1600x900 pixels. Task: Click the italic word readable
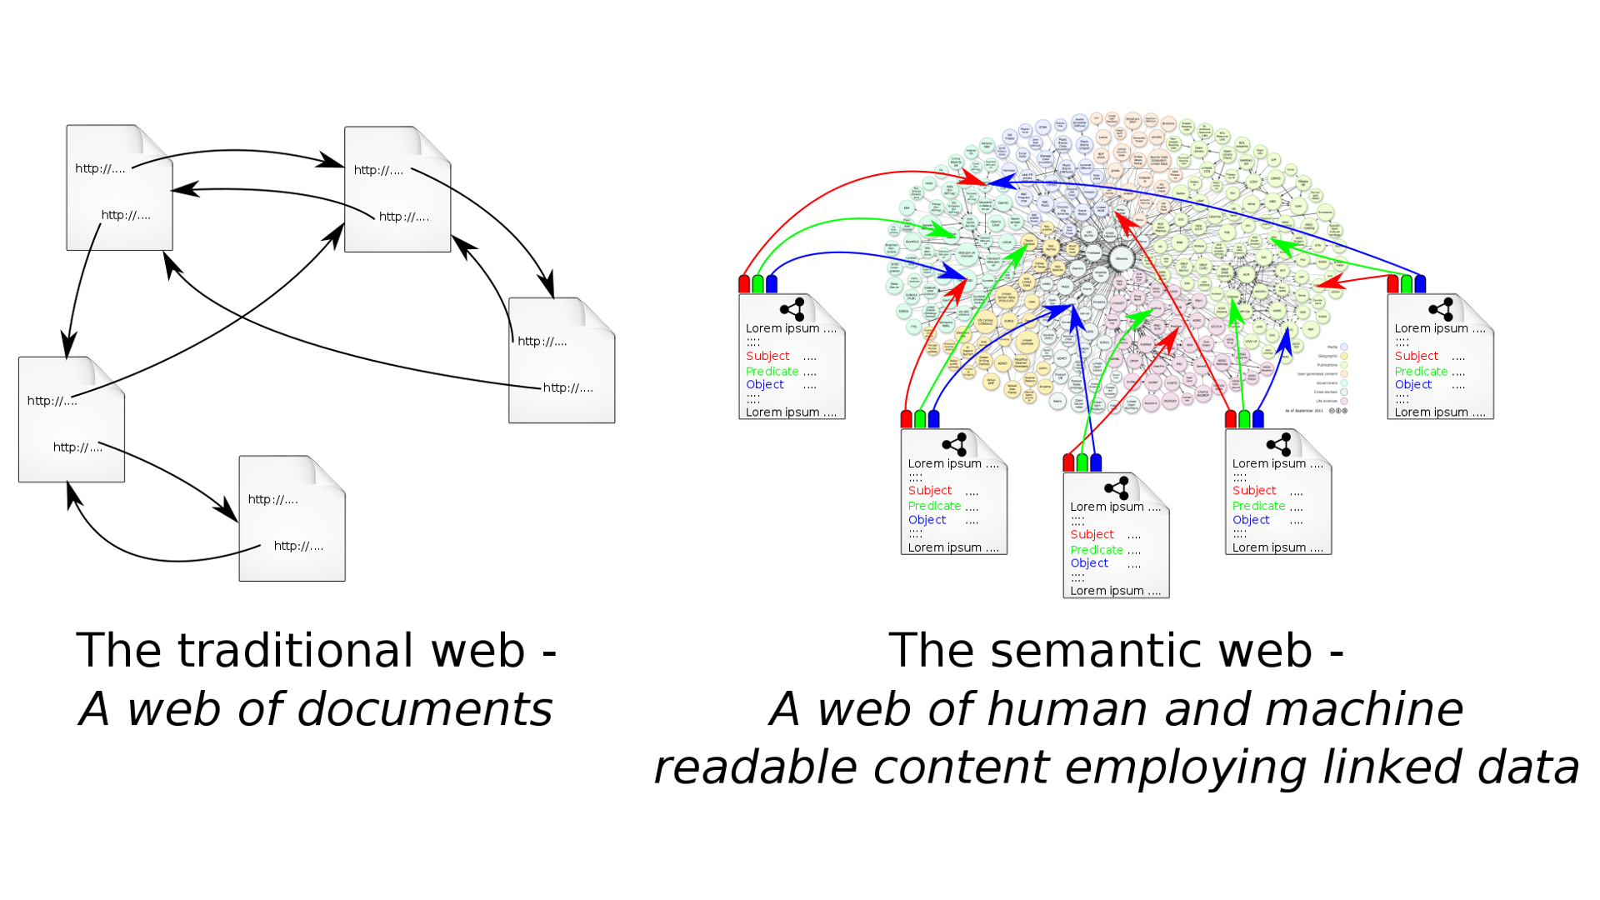755,767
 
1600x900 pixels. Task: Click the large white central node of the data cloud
1122,258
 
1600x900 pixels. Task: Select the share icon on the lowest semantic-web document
1116,487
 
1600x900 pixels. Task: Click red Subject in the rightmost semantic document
1416,356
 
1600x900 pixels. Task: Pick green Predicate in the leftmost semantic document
772,372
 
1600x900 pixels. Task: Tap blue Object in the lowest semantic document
1089,563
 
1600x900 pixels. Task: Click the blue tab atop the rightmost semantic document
1420,284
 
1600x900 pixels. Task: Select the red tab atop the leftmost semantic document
744,284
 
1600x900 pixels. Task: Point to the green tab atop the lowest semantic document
1082,462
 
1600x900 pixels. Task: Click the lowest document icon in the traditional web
292,518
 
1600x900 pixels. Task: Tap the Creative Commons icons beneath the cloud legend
1337,411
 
